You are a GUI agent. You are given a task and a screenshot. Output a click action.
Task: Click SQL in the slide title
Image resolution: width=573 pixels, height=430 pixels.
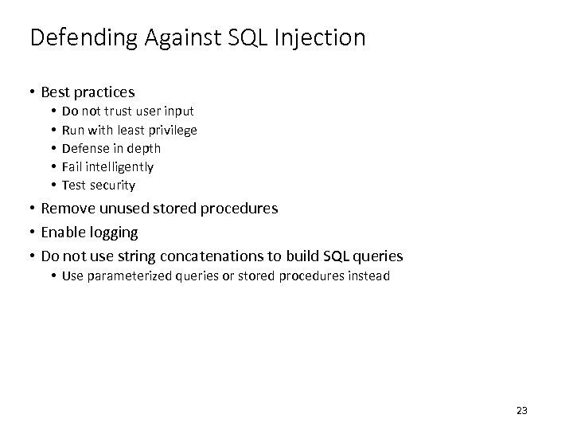point(250,38)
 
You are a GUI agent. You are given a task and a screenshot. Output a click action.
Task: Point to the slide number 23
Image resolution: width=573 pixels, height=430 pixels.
point(522,411)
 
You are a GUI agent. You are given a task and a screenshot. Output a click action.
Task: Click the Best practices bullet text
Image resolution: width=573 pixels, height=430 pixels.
point(88,92)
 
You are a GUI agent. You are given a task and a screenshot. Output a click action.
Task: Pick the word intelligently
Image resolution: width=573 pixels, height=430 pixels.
point(120,166)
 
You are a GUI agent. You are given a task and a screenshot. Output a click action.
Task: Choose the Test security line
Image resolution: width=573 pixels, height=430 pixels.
point(99,185)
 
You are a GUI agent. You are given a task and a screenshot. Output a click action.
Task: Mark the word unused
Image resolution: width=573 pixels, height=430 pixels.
point(128,209)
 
